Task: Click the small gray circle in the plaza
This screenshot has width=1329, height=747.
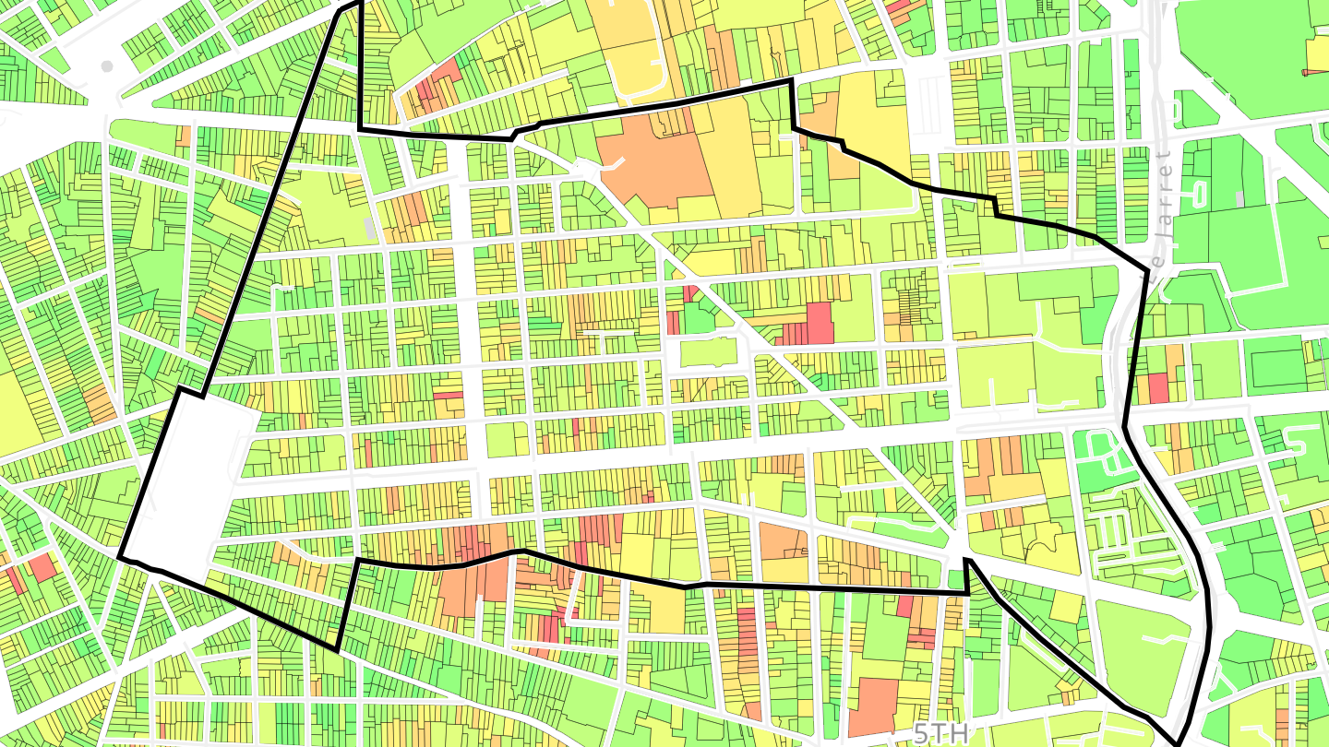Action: coord(107,66)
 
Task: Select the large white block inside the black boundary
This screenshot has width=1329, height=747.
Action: coord(194,480)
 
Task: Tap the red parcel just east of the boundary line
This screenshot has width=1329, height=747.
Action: coord(1158,387)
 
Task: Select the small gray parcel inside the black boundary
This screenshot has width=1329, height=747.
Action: coord(370,228)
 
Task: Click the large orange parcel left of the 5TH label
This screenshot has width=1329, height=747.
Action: coord(873,705)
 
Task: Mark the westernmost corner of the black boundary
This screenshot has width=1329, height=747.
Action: coord(121,557)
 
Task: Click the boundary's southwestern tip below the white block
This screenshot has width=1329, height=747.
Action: coord(337,648)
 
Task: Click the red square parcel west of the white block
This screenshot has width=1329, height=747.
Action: coord(42,567)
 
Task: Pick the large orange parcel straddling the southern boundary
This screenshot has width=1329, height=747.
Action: coord(475,581)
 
